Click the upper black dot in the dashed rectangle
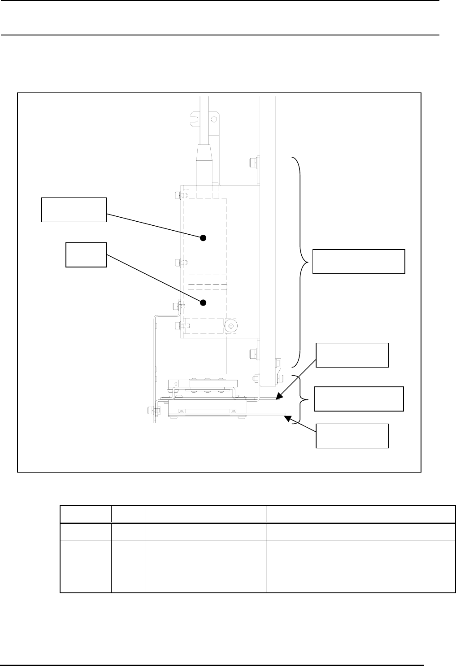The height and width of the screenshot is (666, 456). coord(203,238)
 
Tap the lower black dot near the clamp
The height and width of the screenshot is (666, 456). coord(203,302)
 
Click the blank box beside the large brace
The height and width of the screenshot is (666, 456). coord(358,261)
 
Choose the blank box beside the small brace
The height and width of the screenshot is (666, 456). coord(359,398)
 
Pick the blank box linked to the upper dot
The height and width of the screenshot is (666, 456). coord(74,209)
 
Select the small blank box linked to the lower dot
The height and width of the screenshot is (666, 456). coord(86,255)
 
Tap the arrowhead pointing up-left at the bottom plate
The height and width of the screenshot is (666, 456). coord(287,417)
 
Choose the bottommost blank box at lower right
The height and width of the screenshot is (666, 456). coord(352,435)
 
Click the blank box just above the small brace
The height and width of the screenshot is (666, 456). coord(352,355)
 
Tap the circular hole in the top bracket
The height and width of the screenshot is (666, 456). coord(214,119)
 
